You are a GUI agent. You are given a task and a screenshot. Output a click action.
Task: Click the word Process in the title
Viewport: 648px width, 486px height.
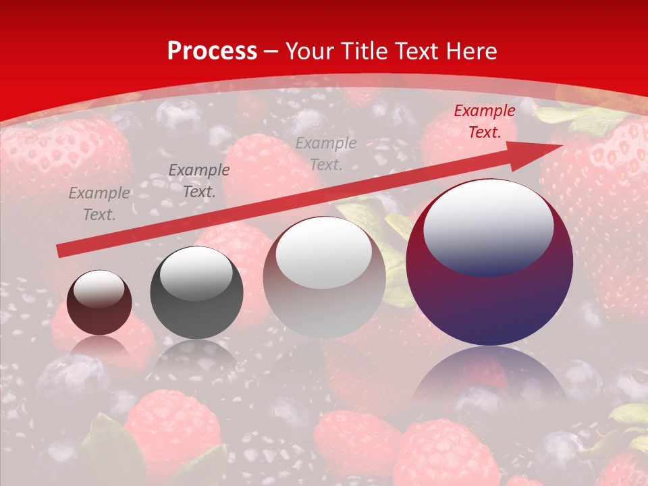click(x=212, y=51)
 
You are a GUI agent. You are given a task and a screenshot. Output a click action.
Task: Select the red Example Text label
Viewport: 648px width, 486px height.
click(x=484, y=122)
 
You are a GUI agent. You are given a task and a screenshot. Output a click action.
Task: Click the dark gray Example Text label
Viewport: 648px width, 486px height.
click(x=198, y=181)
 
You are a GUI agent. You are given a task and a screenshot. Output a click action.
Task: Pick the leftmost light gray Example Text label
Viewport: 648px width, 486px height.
click(x=99, y=204)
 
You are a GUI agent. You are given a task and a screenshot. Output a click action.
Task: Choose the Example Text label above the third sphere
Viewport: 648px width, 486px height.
click(x=326, y=153)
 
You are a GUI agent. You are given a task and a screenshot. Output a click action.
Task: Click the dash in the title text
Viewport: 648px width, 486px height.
click(x=271, y=51)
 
